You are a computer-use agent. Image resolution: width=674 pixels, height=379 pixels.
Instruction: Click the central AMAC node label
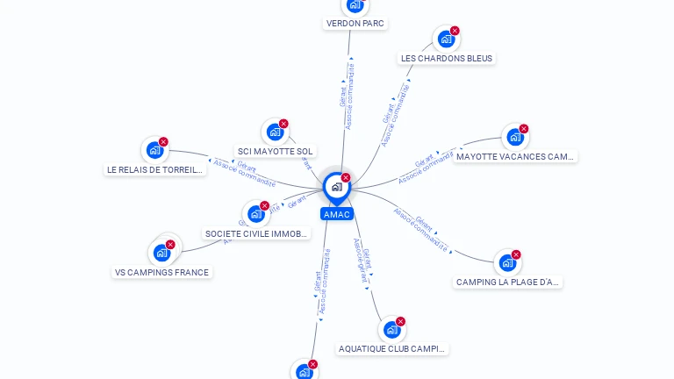tap(336, 214)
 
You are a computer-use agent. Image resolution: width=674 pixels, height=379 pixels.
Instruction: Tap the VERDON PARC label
tap(355, 24)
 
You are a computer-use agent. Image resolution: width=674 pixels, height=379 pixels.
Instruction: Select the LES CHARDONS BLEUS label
tap(447, 59)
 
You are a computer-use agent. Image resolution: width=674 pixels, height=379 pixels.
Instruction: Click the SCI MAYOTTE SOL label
tap(276, 152)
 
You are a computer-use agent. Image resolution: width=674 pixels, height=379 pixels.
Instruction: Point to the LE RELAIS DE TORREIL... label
tap(155, 170)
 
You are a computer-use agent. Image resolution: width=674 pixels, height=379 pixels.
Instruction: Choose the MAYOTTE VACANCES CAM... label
tap(515, 157)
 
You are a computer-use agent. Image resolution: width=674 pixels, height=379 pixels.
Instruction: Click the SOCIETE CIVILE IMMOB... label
tap(256, 234)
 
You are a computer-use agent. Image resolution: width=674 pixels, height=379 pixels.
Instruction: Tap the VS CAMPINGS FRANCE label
tap(161, 273)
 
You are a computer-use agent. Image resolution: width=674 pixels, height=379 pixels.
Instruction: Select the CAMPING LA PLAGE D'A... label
tap(508, 282)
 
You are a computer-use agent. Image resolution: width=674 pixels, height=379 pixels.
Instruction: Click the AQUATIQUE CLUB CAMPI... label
tap(392, 349)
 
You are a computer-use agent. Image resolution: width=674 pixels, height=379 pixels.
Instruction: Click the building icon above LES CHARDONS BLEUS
tap(446, 39)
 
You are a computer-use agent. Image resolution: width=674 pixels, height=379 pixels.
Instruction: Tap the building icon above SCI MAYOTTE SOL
tap(275, 132)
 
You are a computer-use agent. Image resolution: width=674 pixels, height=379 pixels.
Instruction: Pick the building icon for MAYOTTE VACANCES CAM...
tap(514, 138)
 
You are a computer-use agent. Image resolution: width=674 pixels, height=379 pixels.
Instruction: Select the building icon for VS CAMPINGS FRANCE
tap(161, 254)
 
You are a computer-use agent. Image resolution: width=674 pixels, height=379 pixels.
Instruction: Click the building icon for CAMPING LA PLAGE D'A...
tap(507, 263)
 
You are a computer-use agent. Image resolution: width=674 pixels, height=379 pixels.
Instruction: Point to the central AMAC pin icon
tap(336, 187)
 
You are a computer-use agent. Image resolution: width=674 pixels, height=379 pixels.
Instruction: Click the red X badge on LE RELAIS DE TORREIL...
tap(163, 142)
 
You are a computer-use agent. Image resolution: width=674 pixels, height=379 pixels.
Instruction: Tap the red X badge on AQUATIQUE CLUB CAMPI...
tap(400, 322)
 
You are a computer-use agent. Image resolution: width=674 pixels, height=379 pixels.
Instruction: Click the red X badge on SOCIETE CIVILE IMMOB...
tap(264, 206)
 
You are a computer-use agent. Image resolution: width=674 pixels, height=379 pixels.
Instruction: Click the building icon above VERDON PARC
tap(355, 5)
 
